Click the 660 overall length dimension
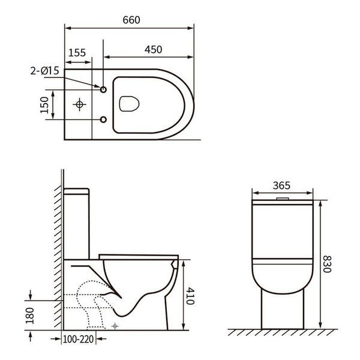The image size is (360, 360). [131, 20]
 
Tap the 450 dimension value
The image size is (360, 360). [154, 49]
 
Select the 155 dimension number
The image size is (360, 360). [77, 53]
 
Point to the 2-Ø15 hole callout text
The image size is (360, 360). [45, 71]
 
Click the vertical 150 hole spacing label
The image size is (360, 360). [44, 105]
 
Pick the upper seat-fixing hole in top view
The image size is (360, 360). [103, 89]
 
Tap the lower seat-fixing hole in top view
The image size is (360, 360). [103, 119]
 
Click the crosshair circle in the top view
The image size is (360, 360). [79, 104]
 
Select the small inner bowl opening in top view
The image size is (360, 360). [129, 104]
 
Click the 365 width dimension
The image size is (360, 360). [282, 185]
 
